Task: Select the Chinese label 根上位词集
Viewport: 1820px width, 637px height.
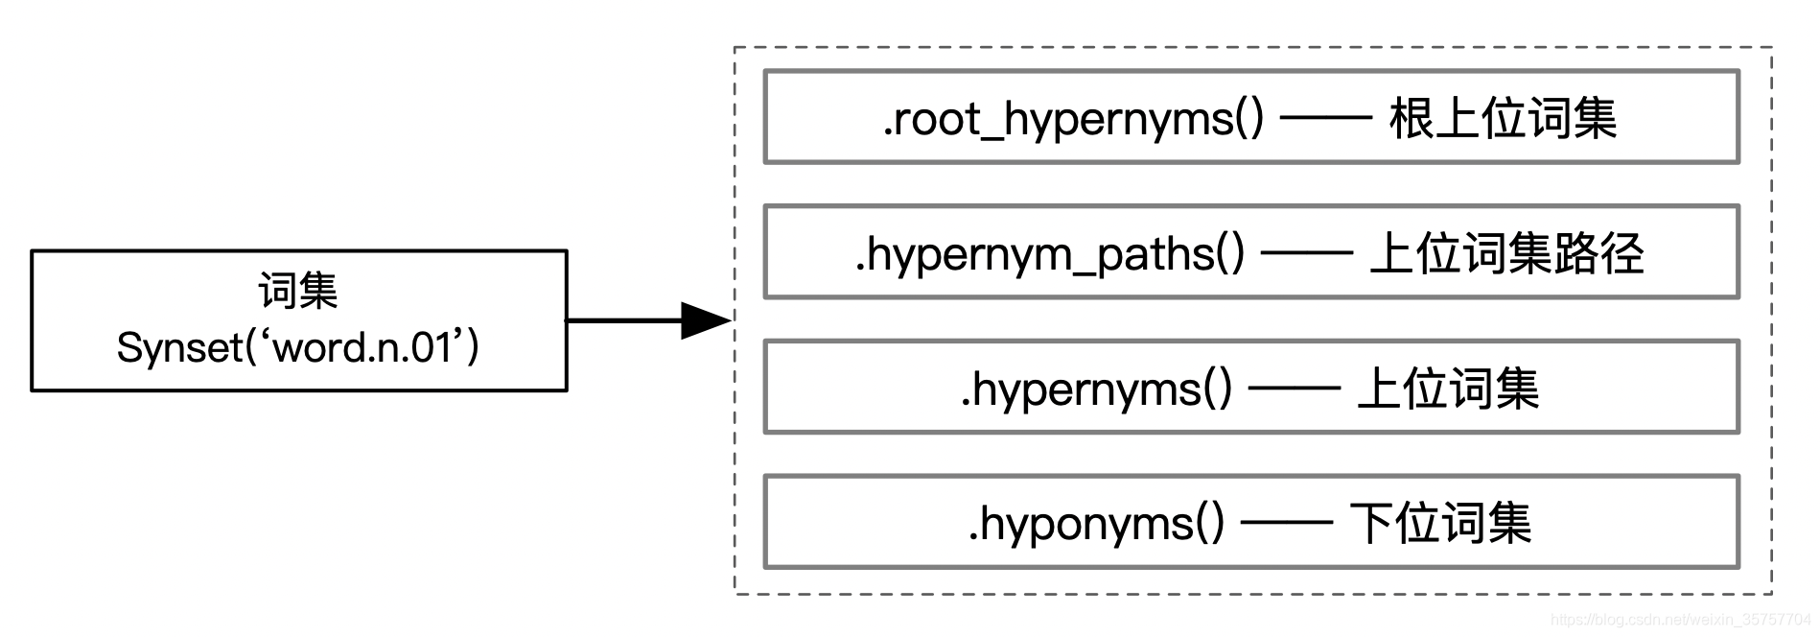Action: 1503,119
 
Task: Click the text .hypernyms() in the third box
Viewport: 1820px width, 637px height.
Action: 1095,389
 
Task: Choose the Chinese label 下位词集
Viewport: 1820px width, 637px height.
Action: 1440,524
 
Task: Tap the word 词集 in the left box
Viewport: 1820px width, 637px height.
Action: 298,291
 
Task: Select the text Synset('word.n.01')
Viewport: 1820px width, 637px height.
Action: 298,347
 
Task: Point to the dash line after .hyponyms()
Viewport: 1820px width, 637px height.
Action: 1287,524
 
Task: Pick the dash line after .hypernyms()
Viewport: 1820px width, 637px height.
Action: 1294,389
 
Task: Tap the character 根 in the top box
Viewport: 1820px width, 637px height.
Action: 1412,119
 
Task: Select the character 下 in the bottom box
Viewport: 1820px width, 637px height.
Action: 1371,524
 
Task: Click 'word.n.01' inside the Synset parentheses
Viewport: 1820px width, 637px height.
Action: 362,347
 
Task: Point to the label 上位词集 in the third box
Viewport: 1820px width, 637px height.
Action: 1448,389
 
